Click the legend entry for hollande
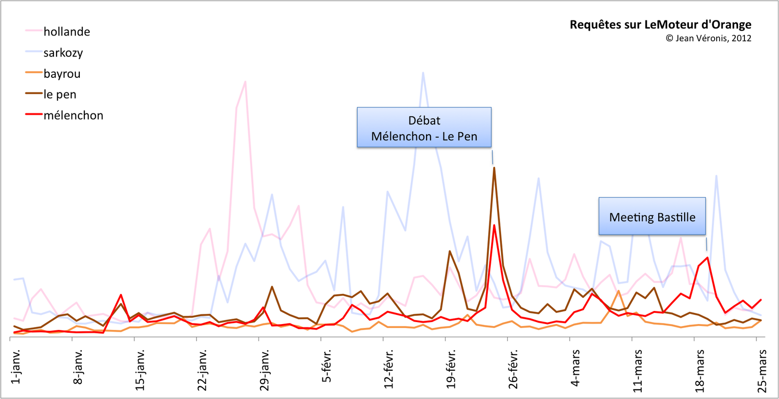(67, 32)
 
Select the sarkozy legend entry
(63, 53)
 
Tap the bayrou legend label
(62, 74)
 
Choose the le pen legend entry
(60, 94)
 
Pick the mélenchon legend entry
(73, 115)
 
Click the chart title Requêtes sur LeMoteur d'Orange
(660, 24)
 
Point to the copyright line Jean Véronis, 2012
(708, 38)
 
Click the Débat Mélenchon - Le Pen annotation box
(424, 127)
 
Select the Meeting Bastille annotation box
(652, 217)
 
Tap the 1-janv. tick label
(16, 366)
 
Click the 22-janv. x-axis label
(203, 370)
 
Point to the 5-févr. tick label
(327, 366)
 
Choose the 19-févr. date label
(451, 368)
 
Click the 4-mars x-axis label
(575, 368)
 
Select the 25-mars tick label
(762, 371)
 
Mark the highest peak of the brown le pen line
(494, 168)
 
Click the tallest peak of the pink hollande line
(245, 82)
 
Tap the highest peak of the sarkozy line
(423, 73)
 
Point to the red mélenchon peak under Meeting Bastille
(707, 257)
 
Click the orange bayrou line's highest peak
(618, 291)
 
